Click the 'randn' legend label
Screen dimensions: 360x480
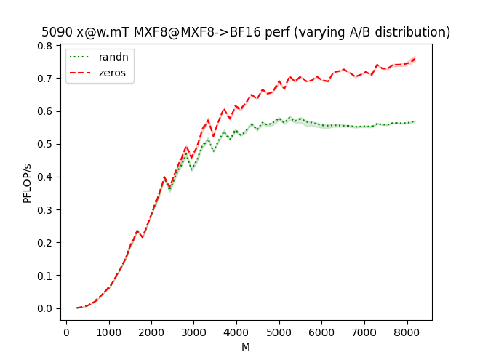pyautogui.click(x=111, y=57)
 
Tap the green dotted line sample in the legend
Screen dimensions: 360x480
pyautogui.click(x=81, y=57)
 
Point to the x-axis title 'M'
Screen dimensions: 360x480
pyautogui.click(x=246, y=347)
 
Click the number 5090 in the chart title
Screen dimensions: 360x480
pyautogui.click(x=56, y=33)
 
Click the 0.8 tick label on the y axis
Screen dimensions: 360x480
pyautogui.click(x=45, y=45)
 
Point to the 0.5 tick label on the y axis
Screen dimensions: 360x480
pyautogui.click(x=45, y=144)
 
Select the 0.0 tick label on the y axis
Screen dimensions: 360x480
pyautogui.click(x=45, y=308)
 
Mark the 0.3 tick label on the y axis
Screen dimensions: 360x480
pyautogui.click(x=45, y=209)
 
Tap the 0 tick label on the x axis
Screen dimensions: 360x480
pyautogui.click(x=66, y=332)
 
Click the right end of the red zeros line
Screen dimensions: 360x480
pyautogui.click(x=415, y=58)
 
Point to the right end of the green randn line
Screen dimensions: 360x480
pyautogui.click(x=415, y=121)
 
